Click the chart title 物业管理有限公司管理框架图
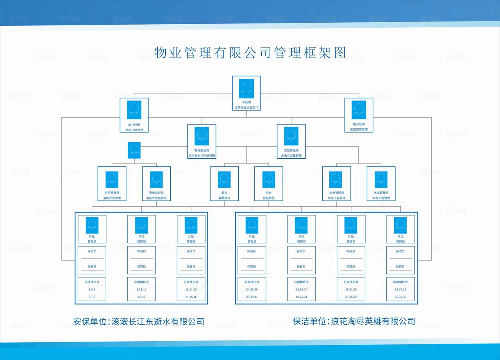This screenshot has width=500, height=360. tap(250, 52)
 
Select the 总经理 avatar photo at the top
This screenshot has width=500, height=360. tap(246, 89)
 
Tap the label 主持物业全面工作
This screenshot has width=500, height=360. tap(246, 107)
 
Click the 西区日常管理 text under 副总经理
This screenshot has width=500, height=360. tap(134, 130)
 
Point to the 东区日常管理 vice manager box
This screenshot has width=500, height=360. tap(359, 115)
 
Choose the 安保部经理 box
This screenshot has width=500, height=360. tap(202, 141)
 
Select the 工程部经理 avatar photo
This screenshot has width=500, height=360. tap(291, 136)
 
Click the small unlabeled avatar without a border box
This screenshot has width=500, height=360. tap(134, 150)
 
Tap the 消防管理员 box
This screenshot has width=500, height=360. tap(112, 184)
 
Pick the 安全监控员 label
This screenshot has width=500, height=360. tap(156, 193)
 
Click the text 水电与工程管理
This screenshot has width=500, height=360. tap(291, 156)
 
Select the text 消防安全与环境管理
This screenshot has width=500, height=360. tap(202, 156)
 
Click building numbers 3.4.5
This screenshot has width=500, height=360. tap(92, 290)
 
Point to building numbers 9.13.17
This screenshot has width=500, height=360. tap(141, 290)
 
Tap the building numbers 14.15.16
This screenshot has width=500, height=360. tap(191, 297)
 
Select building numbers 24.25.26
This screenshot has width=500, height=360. tap(252, 290)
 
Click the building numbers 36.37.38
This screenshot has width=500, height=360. tap(400, 297)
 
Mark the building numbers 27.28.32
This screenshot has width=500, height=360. tap(351, 297)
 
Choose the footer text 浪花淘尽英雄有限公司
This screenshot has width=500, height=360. tap(373, 321)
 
